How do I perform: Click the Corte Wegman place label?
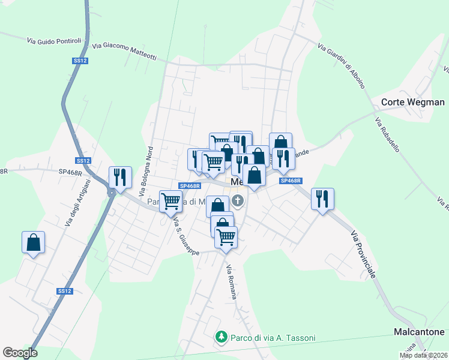point(412,102)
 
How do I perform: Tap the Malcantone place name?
point(419,332)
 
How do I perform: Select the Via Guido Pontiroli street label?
point(54,41)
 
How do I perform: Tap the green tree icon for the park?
point(222,338)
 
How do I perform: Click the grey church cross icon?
point(238,200)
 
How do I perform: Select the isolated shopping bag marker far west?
point(33,242)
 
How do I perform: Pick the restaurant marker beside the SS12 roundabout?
point(120,177)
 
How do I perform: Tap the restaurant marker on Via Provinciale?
point(323,199)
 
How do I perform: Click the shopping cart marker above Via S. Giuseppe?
point(171,201)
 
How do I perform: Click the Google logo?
point(20,353)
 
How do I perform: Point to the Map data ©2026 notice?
point(423,355)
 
